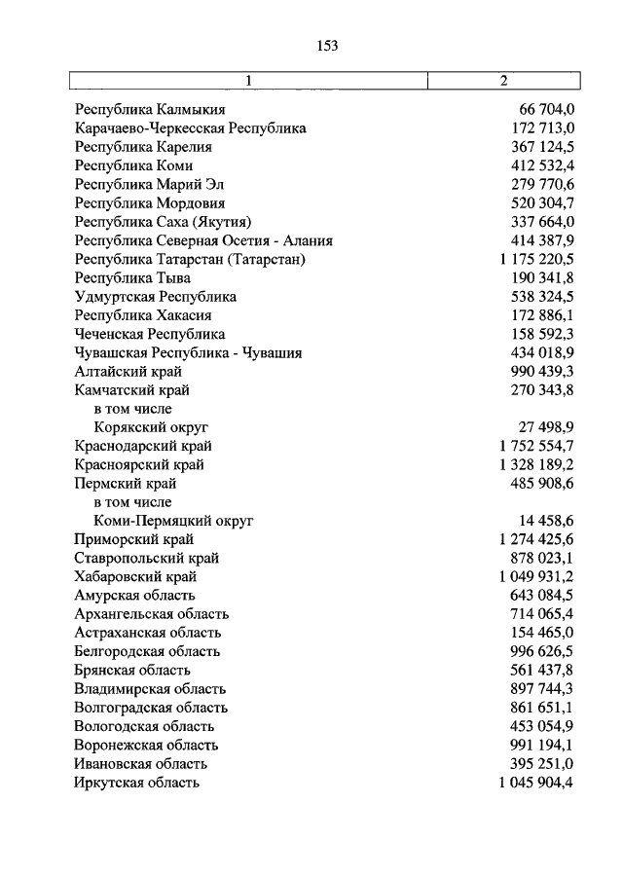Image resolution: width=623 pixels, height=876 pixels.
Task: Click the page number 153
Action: [x=326, y=45]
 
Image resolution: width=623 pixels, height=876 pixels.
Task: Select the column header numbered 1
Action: [x=250, y=81]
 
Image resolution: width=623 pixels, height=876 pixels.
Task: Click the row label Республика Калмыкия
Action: [x=150, y=110]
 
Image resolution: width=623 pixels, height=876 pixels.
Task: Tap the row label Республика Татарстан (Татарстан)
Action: [x=190, y=260]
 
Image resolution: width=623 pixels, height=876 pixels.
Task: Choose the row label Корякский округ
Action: [x=152, y=427]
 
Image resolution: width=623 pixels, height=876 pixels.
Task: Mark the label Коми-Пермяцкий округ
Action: [x=173, y=521]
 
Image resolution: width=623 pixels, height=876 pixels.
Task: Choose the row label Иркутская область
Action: [x=137, y=783]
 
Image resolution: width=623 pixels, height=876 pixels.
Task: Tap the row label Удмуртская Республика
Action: [x=156, y=297]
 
